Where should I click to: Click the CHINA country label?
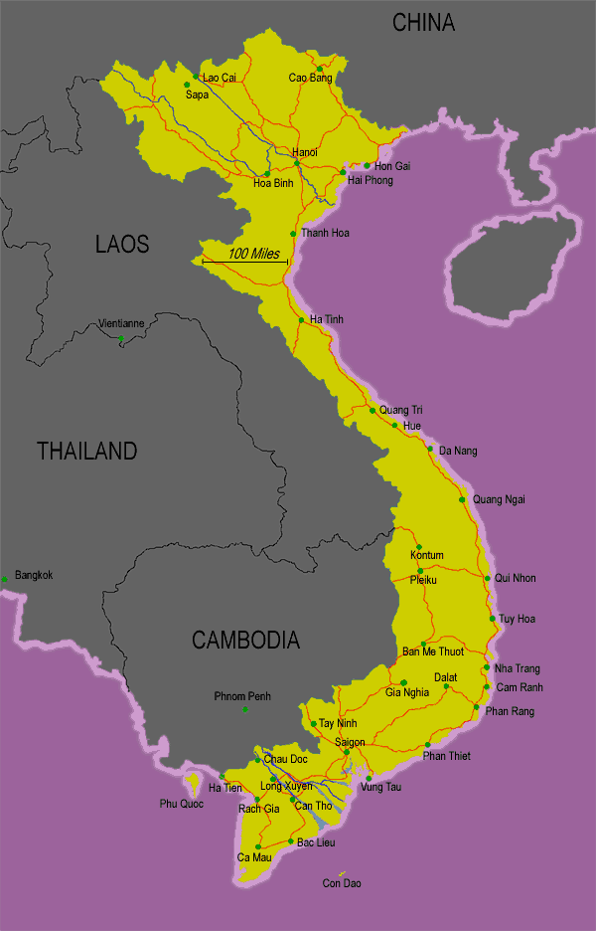point(423,22)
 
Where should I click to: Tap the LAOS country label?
point(122,244)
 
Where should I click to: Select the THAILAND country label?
point(86,451)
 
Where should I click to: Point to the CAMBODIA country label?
point(245,640)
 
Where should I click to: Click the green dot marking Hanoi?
point(297,163)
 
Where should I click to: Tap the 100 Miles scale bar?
point(245,262)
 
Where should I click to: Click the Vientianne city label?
point(121,323)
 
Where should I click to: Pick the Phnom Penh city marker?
point(245,709)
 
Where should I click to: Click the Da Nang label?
point(458,451)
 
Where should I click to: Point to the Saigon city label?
point(350,742)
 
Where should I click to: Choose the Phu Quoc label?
point(181,804)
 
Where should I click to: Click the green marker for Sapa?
point(186,84)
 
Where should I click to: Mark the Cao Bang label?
point(309,78)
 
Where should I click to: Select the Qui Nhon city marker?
point(487,578)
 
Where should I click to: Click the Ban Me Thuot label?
point(432,652)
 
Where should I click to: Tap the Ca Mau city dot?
point(257,847)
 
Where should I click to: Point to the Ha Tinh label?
point(326,319)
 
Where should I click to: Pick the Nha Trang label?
point(518,668)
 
